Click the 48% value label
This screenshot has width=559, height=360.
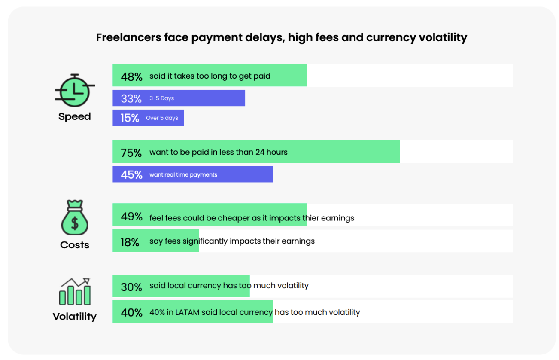[x=131, y=76]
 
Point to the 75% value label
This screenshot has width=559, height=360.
[x=131, y=153]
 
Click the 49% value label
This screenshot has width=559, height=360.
[x=131, y=217]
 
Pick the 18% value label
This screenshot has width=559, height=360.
[x=130, y=242]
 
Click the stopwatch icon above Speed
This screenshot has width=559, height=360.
[x=74, y=91]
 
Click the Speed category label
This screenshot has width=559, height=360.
[x=74, y=117]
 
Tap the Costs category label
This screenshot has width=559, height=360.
[x=75, y=245]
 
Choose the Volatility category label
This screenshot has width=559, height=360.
[x=74, y=317]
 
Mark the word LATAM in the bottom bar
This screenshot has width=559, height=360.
[x=188, y=312]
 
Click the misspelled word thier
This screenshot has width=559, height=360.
[x=311, y=218]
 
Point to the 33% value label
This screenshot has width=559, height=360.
[x=131, y=99]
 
